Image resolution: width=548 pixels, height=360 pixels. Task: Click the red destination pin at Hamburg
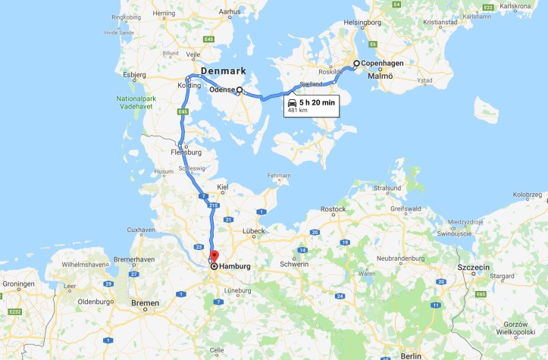click(x=214, y=256)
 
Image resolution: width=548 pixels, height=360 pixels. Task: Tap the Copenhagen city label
click(x=383, y=64)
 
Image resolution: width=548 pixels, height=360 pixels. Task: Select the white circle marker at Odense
click(x=240, y=90)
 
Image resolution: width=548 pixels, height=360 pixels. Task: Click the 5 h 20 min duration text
click(x=317, y=102)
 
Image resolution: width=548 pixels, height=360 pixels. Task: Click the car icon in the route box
click(x=293, y=102)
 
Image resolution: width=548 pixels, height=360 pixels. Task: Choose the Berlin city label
click(x=411, y=355)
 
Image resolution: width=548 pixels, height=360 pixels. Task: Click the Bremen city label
click(x=145, y=303)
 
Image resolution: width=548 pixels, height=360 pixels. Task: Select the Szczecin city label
click(x=474, y=268)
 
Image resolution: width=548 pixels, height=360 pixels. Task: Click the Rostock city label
click(x=333, y=209)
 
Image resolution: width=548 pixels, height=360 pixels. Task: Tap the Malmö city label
click(x=380, y=77)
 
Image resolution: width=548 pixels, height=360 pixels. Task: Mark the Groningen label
click(x=18, y=283)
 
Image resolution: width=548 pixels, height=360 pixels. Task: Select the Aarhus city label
click(x=228, y=13)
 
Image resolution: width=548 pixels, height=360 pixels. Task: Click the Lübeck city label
click(x=253, y=230)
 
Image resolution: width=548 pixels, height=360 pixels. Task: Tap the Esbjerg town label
click(x=134, y=75)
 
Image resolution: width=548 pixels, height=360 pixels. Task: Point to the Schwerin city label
click(x=295, y=264)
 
